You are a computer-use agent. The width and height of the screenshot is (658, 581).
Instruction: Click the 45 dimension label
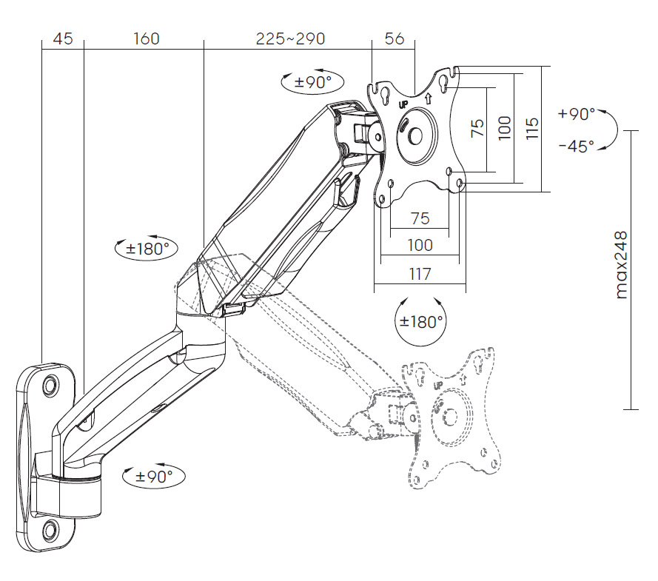pyautogui.click(x=63, y=38)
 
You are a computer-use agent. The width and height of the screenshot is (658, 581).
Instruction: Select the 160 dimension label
pyautogui.click(x=147, y=38)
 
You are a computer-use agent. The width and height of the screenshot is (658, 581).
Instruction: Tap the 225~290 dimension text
pyautogui.click(x=290, y=38)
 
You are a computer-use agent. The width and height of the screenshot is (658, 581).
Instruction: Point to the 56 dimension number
pyautogui.click(x=394, y=38)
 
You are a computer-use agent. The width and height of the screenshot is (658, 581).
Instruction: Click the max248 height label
pyautogui.click(x=621, y=265)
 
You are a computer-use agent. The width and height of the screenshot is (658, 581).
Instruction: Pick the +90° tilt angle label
pyautogui.click(x=577, y=114)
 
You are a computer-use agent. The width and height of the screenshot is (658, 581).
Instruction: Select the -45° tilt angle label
pyautogui.click(x=577, y=146)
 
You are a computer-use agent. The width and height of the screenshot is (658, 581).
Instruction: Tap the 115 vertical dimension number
pyautogui.click(x=531, y=128)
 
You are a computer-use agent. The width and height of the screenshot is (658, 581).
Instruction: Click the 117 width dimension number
pyautogui.click(x=420, y=274)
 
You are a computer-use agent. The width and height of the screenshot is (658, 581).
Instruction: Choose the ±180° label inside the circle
pyautogui.click(x=421, y=322)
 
